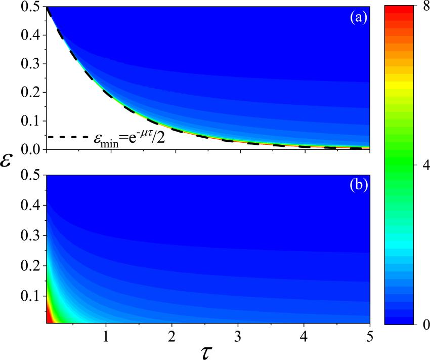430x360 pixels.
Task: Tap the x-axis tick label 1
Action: (106, 336)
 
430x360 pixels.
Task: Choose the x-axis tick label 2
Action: (172, 336)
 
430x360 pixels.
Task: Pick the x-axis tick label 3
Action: (238, 336)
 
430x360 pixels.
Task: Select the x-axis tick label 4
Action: (304, 336)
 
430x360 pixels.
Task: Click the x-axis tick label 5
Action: (370, 336)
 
